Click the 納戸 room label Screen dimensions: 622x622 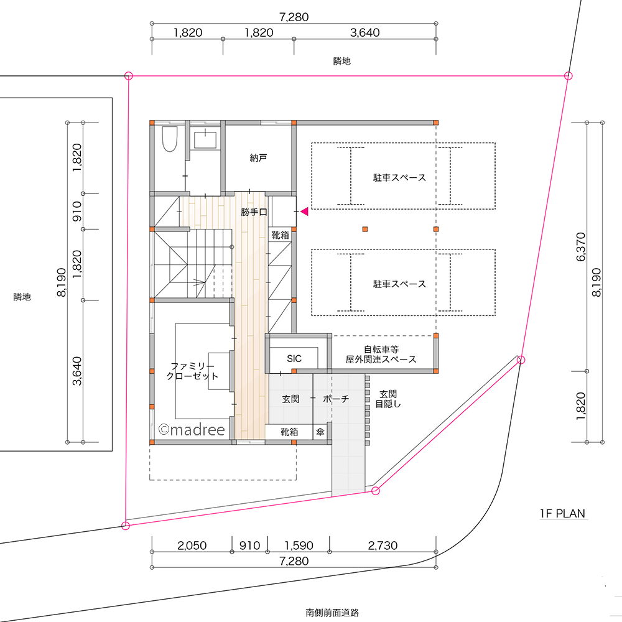[258, 159]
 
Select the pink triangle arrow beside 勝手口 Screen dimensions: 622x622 [304, 212]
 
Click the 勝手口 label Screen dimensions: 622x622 [254, 213]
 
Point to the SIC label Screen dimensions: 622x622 [294, 359]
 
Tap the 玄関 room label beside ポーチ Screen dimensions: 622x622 [291, 399]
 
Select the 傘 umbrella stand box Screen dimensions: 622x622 [320, 431]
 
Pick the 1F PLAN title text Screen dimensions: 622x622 [562, 514]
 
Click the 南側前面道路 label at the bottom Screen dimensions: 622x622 [333, 612]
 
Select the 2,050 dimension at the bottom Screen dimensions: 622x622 [192, 545]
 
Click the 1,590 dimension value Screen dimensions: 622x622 [299, 545]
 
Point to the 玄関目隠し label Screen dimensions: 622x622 [388, 399]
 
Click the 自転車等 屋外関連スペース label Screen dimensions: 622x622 [381, 355]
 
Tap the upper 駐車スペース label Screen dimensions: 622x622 [399, 178]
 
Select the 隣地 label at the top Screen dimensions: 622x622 [342, 61]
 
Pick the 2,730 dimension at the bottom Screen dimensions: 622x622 [383, 545]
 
